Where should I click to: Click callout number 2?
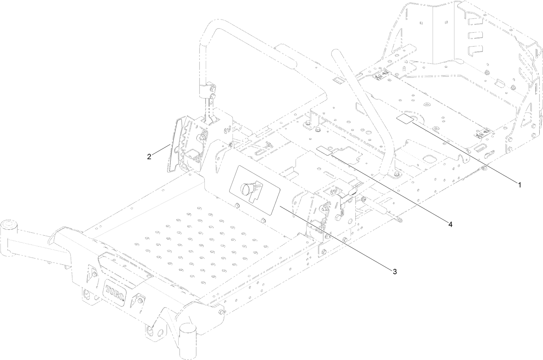(149, 157)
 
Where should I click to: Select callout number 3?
(395, 271)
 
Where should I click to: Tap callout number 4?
(450, 224)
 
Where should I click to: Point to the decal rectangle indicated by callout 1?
(405, 119)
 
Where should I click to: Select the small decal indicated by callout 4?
(324, 151)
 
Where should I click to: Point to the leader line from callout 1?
(463, 152)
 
